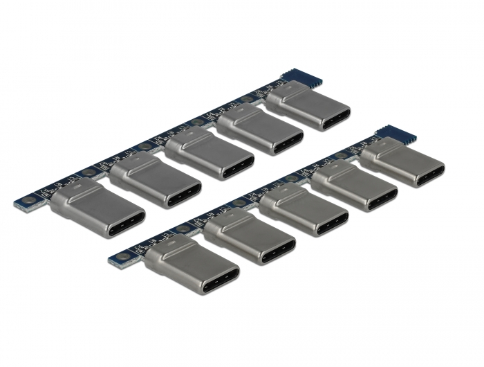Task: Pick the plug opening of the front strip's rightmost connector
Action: (x=429, y=174)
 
